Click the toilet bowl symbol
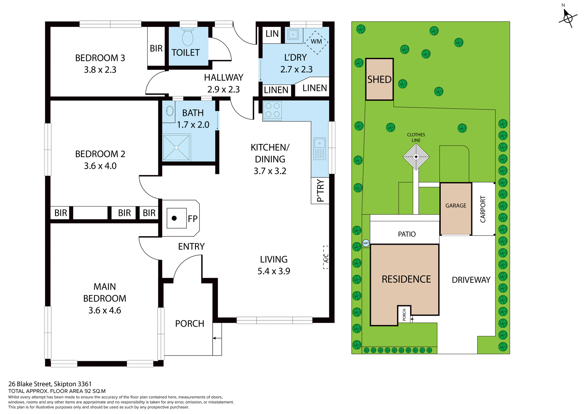tap(188, 38)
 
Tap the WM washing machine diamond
tap(316, 41)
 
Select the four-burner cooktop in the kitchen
tap(272, 110)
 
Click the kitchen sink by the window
tap(320, 149)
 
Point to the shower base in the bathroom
tap(176, 148)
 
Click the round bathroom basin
tap(170, 111)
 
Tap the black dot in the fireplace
tap(174, 218)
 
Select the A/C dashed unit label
tap(326, 258)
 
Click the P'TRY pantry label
tap(320, 191)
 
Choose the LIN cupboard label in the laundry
tap(272, 34)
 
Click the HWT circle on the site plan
tap(366, 243)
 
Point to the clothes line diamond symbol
tap(416, 157)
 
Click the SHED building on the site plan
tap(379, 79)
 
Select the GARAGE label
tap(456, 206)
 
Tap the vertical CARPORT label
tap(483, 209)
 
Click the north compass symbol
tap(568, 18)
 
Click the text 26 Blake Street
tap(31, 384)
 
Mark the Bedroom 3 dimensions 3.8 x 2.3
tap(100, 70)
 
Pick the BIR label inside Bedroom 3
tap(156, 48)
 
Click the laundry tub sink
tap(293, 35)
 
